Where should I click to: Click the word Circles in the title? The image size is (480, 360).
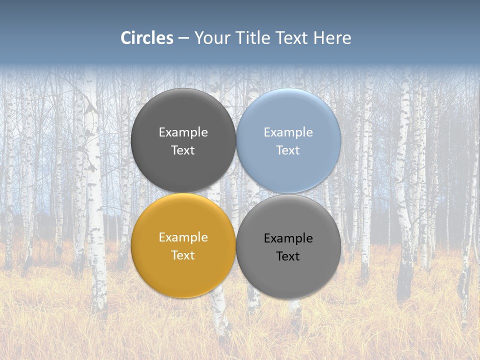(146, 38)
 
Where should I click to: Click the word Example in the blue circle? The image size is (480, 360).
(288, 132)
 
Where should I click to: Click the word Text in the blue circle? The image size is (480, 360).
(288, 150)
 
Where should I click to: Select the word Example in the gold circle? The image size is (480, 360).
(183, 237)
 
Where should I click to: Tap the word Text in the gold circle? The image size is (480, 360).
(183, 255)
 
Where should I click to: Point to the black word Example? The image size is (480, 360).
(288, 238)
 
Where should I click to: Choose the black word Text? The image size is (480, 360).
(288, 256)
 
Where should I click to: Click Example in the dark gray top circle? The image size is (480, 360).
(183, 132)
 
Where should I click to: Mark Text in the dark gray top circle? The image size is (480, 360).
(183, 150)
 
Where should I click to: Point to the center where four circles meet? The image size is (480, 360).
(236, 193)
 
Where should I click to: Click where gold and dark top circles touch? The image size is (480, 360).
(183, 193)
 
